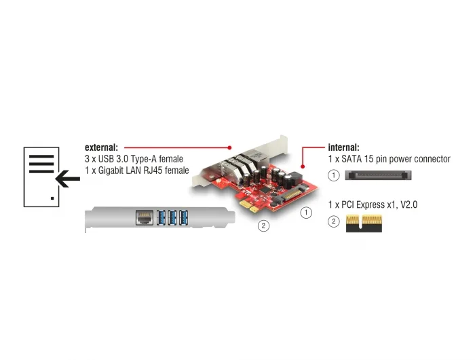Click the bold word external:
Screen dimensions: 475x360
[x=101, y=147]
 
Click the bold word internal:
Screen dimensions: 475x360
[x=343, y=147]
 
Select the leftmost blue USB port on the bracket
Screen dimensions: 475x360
[x=161, y=217]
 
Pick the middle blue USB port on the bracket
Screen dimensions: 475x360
[x=172, y=217]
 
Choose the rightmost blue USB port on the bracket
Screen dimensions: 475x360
[x=184, y=217]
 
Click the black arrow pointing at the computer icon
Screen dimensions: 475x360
[x=68, y=179]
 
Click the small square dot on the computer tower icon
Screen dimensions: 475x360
[x=52, y=198]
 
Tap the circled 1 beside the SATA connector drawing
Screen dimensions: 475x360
[x=334, y=175]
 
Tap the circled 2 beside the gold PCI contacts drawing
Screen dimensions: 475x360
[x=334, y=221]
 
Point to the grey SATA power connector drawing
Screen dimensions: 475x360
[x=378, y=175]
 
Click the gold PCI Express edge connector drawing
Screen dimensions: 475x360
[x=364, y=223]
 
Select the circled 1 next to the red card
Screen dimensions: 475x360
[x=306, y=213]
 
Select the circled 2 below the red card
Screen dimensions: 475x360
[x=263, y=226]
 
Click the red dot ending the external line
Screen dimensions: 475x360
[x=229, y=147]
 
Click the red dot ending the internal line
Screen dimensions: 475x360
[x=303, y=166]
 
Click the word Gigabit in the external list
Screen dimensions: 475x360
[x=110, y=170]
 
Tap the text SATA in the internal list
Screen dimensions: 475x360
[x=351, y=159]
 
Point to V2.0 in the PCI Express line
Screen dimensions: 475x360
[x=409, y=204]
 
